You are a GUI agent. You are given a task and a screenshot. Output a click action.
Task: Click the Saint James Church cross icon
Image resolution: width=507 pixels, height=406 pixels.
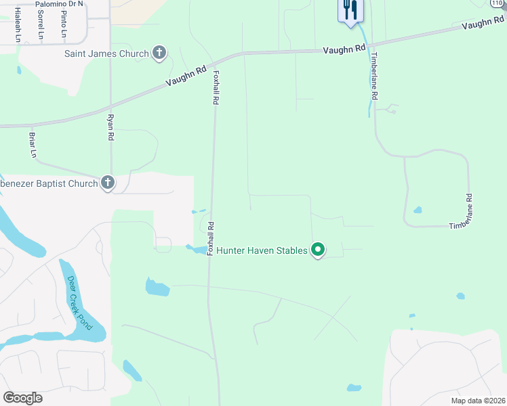(159, 53)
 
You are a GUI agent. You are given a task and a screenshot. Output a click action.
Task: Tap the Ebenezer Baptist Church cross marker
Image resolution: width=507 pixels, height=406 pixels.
(108, 183)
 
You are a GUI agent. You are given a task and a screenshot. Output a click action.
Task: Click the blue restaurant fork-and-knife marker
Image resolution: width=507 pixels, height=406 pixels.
(350, 9)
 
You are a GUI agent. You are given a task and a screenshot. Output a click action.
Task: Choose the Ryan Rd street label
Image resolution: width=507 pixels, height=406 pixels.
(110, 127)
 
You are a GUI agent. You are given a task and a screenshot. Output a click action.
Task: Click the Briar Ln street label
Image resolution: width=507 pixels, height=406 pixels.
(32, 145)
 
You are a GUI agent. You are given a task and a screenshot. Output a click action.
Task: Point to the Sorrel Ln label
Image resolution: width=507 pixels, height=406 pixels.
(41, 24)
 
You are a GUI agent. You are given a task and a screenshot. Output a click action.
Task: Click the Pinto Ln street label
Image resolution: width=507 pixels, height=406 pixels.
(63, 24)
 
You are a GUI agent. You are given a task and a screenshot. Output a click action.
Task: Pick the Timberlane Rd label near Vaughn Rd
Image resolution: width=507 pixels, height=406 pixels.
(373, 77)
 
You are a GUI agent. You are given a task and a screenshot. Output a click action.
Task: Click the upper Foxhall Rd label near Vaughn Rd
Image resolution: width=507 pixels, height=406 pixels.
(216, 87)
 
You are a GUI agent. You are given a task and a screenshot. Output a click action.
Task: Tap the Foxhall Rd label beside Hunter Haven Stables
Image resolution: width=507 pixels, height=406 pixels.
(210, 239)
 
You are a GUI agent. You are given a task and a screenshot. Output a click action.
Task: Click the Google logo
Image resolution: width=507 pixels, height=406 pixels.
(22, 398)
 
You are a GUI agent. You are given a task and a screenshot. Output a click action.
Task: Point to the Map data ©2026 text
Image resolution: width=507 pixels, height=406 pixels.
(477, 401)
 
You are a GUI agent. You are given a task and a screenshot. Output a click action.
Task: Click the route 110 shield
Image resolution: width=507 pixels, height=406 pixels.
(498, 3)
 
